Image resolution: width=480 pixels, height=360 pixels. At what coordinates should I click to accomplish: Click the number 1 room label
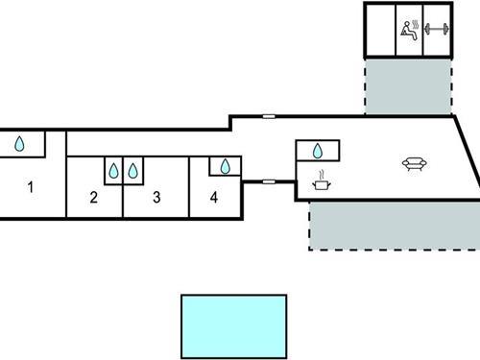click(x=30, y=187)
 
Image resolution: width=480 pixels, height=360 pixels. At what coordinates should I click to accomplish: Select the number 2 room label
click(x=93, y=199)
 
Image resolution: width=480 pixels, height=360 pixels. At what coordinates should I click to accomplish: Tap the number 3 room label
click(x=156, y=199)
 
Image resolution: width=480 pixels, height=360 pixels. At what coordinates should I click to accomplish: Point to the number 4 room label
click(x=214, y=199)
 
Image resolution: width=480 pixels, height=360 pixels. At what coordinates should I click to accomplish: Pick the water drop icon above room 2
click(x=113, y=171)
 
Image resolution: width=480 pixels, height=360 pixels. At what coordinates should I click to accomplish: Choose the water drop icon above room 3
click(x=133, y=171)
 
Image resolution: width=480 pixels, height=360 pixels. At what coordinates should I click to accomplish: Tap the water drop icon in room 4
click(x=226, y=167)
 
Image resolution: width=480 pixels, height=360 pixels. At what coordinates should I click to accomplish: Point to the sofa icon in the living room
click(x=414, y=164)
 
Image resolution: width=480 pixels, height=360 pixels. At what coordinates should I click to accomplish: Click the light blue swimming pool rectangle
click(x=234, y=325)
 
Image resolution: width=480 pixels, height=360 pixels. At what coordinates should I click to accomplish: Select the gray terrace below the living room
click(x=394, y=225)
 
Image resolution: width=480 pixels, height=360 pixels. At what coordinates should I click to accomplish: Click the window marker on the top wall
click(x=269, y=115)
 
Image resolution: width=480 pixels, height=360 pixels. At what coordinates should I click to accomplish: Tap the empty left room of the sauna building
click(x=380, y=29)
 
